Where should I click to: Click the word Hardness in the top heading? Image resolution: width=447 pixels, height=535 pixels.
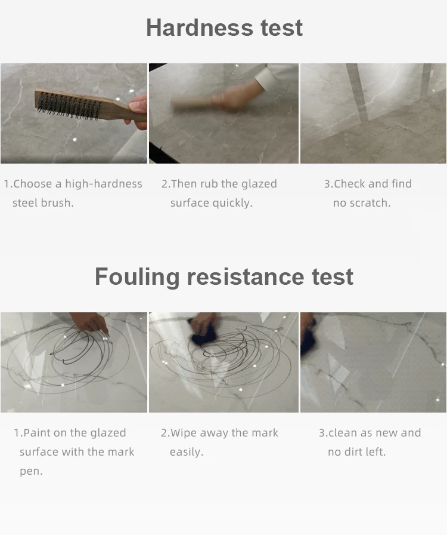(x=200, y=27)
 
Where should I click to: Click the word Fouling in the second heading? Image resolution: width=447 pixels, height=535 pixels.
(x=137, y=276)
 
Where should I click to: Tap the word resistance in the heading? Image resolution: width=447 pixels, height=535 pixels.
(x=246, y=276)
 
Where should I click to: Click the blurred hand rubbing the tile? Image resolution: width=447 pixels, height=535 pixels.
(x=228, y=99)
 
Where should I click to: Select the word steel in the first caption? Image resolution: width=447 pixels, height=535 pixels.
(x=25, y=202)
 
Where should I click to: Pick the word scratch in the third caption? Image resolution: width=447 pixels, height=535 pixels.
(x=370, y=203)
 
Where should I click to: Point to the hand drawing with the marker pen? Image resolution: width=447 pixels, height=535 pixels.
(x=89, y=322)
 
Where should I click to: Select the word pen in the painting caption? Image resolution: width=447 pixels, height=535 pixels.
(x=30, y=472)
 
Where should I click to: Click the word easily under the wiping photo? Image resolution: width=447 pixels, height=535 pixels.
(x=187, y=452)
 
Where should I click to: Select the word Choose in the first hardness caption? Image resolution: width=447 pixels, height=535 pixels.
(x=32, y=184)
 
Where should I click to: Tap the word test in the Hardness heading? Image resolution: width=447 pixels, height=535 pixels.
(x=282, y=27)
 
